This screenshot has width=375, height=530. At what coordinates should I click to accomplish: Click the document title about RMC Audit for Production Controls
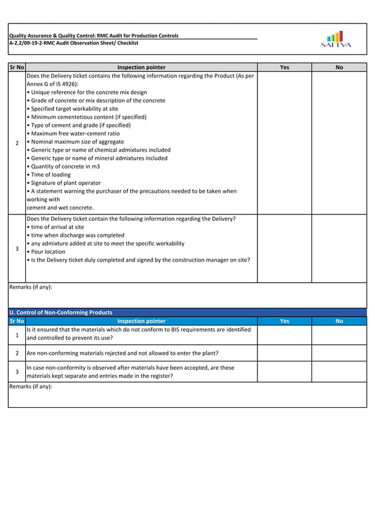93,36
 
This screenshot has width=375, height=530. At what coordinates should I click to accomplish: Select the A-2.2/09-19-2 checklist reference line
73,43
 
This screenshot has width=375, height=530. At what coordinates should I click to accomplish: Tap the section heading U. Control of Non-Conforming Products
61,312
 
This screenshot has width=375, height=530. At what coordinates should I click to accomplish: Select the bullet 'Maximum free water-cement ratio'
75,133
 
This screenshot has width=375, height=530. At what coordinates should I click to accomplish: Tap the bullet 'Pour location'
48,251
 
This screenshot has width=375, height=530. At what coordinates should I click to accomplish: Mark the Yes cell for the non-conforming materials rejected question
284,353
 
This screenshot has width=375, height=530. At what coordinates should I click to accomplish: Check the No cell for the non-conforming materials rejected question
339,353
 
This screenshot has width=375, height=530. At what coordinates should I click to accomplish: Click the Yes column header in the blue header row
284,321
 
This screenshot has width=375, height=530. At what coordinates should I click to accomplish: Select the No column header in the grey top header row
339,68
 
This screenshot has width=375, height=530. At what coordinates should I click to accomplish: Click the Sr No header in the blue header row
16,321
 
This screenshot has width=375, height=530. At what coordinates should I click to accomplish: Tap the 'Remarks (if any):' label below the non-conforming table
31,387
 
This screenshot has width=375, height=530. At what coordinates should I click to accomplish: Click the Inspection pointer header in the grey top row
141,68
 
